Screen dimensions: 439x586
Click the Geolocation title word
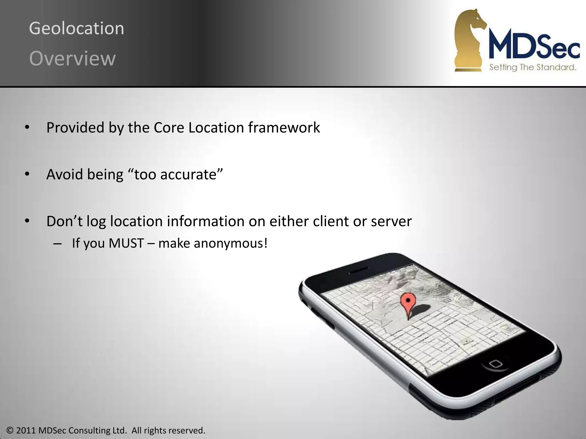(x=76, y=29)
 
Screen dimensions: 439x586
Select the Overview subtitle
(x=72, y=59)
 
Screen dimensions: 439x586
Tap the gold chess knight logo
(x=469, y=40)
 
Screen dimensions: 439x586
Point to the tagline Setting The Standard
(x=532, y=67)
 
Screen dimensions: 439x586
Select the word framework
(x=284, y=127)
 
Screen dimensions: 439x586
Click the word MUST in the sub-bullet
(x=126, y=243)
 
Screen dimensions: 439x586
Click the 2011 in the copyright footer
(x=26, y=430)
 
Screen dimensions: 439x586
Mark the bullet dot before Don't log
(x=27, y=221)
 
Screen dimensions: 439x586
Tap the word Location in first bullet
(x=216, y=127)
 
